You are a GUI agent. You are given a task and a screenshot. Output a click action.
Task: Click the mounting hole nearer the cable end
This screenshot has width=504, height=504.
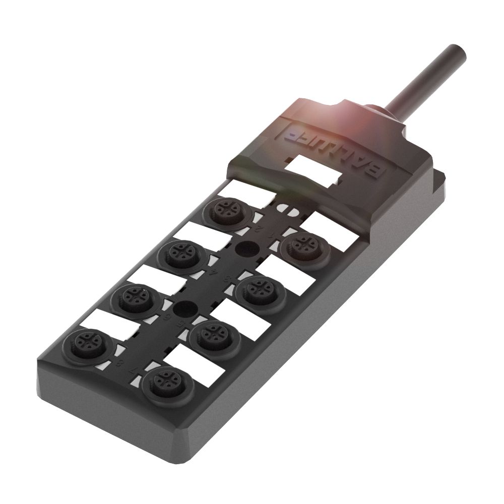(x=246, y=248)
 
